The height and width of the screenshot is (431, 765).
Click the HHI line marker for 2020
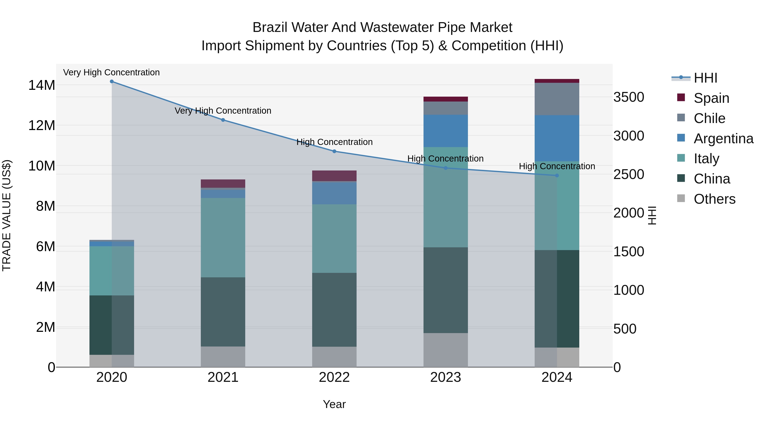(x=112, y=82)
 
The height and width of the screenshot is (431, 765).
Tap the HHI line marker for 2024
(x=557, y=176)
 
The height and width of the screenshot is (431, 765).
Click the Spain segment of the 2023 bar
(x=445, y=99)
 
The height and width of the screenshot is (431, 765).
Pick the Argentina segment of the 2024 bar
(x=557, y=138)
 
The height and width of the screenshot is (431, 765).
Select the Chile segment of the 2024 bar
(x=557, y=99)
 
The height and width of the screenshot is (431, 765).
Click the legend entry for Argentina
(x=723, y=139)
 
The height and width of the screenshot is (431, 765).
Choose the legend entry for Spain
(x=711, y=98)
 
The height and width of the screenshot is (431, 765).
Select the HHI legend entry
(x=705, y=78)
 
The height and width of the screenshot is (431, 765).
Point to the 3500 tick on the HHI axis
(x=629, y=97)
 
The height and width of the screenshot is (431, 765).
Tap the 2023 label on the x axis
(x=445, y=377)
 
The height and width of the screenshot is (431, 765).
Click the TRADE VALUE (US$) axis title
(x=7, y=215)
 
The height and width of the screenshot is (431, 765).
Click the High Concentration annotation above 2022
(x=334, y=142)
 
